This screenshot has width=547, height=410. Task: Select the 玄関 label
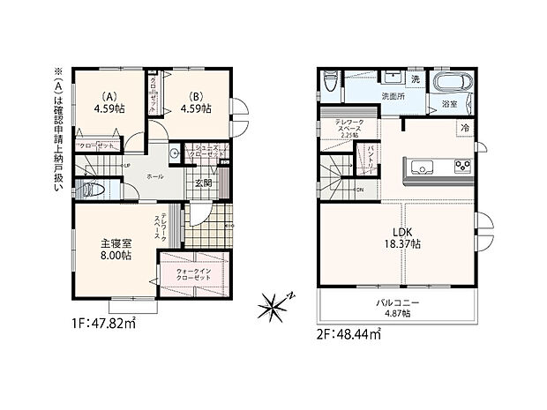click(203, 183)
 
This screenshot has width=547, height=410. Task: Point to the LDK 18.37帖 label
click(406, 238)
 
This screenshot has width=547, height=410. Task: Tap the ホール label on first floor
click(154, 177)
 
